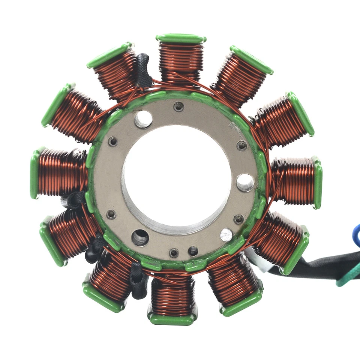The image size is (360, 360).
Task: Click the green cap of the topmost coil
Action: point(181,38)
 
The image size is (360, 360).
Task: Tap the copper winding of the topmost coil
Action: point(180,60)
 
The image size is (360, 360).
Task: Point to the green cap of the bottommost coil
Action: point(172,319)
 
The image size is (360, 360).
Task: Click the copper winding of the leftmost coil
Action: point(60,173)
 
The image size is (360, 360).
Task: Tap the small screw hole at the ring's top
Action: point(179,107)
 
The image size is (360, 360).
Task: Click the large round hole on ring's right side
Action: point(245,182)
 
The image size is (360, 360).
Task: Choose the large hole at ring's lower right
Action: point(226,235)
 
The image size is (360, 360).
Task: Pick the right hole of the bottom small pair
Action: point(193,251)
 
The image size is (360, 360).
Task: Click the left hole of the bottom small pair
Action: point(174,253)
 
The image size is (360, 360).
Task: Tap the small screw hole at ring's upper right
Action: point(242,145)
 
